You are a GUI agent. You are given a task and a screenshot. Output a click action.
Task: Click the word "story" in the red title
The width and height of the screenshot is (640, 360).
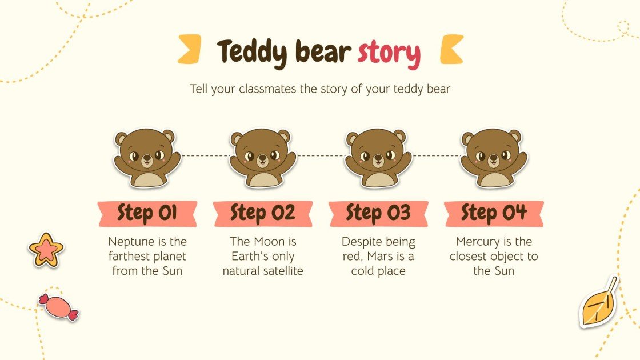tap(389, 53)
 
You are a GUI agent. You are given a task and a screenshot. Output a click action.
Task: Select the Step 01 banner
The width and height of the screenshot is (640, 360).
tap(147, 214)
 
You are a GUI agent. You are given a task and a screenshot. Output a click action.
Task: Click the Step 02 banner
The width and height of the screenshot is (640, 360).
tap(262, 214)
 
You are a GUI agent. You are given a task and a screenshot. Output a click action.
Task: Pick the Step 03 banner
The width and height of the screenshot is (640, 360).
tap(378, 214)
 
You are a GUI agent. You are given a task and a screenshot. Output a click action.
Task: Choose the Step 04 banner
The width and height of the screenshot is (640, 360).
tap(493, 214)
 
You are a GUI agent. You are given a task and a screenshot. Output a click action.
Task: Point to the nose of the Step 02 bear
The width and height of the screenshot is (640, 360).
tap(262, 158)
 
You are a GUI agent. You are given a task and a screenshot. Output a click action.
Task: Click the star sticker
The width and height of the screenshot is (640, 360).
tap(46, 250)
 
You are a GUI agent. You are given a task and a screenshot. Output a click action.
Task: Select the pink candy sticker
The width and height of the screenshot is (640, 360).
tap(58, 306)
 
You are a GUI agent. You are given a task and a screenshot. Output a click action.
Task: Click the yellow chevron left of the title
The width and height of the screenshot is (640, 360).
tap(190, 49)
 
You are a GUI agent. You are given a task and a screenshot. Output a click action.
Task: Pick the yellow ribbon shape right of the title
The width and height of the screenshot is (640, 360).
tap(451, 49)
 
